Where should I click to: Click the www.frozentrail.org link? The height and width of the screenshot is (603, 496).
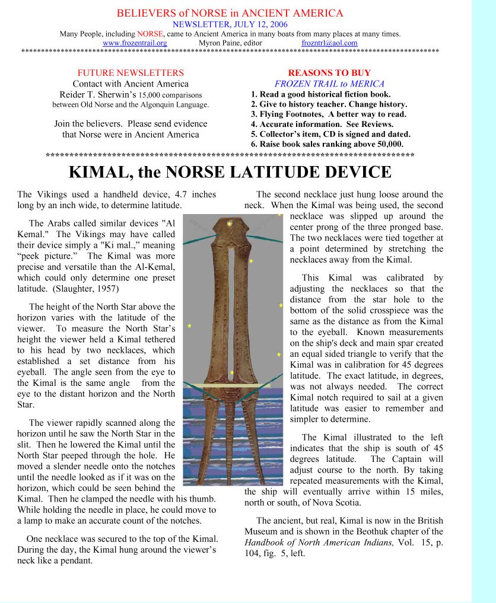point(135,43)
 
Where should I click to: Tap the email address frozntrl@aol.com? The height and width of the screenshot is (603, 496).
point(329,43)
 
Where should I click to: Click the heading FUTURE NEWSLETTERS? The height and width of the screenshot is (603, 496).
point(130,72)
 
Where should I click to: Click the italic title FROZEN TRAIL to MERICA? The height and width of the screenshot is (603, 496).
point(329,84)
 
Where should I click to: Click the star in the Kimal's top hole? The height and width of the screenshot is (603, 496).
point(230,224)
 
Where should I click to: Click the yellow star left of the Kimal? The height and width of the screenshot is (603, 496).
point(189,326)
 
